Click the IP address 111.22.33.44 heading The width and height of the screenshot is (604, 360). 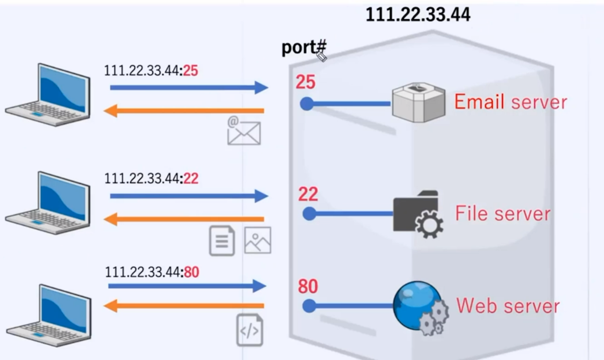click(418, 15)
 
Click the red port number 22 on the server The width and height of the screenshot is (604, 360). click(308, 195)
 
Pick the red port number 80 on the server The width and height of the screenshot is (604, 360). click(308, 287)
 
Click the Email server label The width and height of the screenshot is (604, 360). click(510, 102)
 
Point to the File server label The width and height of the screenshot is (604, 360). click(503, 213)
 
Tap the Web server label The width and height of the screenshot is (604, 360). click(507, 306)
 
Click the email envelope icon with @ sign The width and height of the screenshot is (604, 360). click(244, 131)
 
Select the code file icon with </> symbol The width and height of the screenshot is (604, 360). click(249, 330)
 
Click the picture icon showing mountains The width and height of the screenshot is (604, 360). click(257, 240)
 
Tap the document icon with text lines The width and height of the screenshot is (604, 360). click(222, 240)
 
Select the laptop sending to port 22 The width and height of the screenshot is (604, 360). click(49, 203)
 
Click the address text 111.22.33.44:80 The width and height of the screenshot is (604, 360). click(152, 272)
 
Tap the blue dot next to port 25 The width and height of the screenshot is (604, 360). click(307, 104)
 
